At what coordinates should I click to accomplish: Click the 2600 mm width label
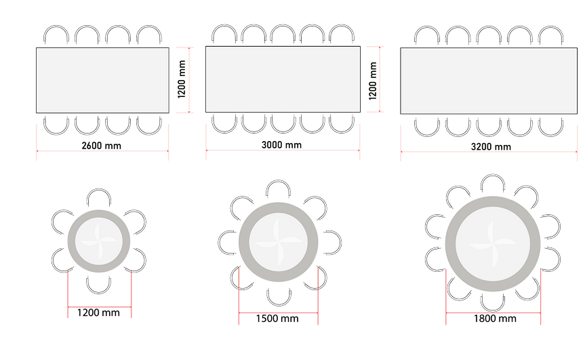click(x=102, y=145)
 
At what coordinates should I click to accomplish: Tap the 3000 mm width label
click(x=281, y=144)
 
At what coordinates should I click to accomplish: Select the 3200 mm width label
click(x=491, y=146)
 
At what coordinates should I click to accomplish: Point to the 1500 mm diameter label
click(x=277, y=319)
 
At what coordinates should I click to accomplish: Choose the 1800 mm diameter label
click(x=495, y=319)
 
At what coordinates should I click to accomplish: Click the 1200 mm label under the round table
click(x=98, y=313)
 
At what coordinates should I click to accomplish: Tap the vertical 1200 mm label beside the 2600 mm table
click(x=182, y=79)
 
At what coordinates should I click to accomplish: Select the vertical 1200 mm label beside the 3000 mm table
click(x=373, y=81)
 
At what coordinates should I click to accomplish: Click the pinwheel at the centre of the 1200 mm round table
click(x=99, y=241)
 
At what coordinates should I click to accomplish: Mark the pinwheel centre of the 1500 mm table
click(x=278, y=242)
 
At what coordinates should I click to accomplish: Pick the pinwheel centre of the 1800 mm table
click(x=493, y=244)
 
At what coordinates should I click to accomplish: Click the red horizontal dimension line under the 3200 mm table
click(x=489, y=152)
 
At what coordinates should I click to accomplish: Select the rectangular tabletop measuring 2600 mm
click(x=102, y=80)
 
